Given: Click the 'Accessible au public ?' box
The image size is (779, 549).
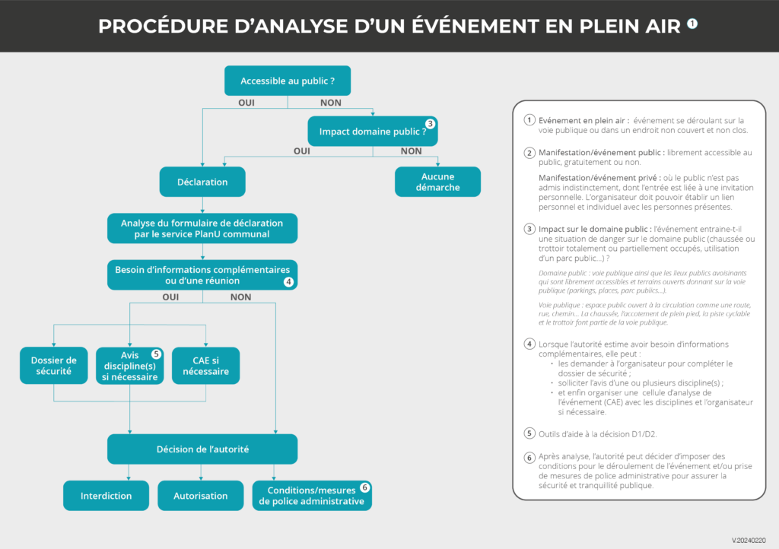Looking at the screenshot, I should [288, 81].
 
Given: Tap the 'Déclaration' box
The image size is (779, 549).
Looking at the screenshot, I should [202, 182].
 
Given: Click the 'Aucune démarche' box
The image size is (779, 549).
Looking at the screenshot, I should [437, 182].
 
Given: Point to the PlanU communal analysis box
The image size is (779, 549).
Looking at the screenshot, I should [202, 228].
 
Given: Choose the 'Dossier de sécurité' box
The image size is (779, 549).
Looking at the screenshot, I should [54, 366].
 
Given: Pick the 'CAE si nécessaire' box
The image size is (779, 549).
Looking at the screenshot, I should [205, 366].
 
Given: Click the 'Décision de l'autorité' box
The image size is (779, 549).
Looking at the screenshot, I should [202, 449].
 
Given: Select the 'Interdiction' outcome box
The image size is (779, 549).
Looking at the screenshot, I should [107, 496].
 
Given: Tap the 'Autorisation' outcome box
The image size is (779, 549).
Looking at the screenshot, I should [201, 496].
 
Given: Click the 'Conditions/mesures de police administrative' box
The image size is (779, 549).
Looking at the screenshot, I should [312, 496].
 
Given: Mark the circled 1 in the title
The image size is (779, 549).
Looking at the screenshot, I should [692, 24].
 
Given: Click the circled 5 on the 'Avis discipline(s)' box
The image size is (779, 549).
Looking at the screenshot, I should [156, 354].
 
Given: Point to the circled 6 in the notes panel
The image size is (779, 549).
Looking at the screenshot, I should [529, 457].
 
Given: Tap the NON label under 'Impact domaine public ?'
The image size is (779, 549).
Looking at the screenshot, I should [411, 151].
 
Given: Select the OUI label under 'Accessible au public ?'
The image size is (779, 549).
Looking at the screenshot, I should [246, 103].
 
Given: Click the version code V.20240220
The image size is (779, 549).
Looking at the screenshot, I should [749, 540].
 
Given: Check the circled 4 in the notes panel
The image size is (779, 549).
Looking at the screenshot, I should [529, 344].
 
